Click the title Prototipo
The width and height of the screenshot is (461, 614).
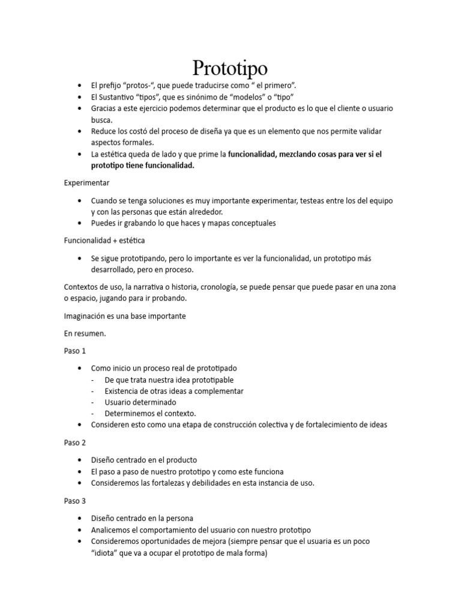pos(230,67)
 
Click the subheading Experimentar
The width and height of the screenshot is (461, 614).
pos(86,182)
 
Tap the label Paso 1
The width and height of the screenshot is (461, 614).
pos(75,350)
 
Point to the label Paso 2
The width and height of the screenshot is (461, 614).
pos(75,443)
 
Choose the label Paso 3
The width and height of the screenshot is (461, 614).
pos(75,500)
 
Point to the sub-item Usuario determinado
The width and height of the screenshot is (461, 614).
pos(140,402)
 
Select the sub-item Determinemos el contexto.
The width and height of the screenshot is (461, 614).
pos(150,413)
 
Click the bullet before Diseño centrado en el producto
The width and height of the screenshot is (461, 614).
pos(80,460)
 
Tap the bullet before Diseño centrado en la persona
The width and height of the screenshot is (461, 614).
pos(80,518)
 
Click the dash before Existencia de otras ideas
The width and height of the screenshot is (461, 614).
pos(93,391)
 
